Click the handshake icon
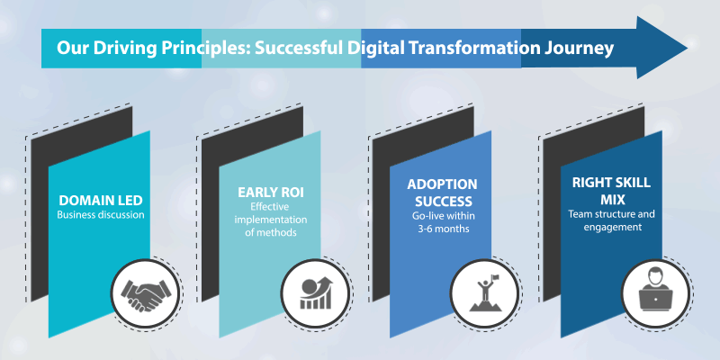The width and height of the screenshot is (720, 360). (144, 294)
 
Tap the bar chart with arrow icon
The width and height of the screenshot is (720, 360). (315, 293)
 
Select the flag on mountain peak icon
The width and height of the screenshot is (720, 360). (484, 293)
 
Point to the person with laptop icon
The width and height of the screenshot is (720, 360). (656, 291)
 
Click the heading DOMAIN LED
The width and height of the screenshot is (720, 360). (101, 201)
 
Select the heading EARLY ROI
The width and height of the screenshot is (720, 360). (271, 193)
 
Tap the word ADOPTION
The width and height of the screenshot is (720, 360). (442, 184)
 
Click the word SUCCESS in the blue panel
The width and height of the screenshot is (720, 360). (444, 202)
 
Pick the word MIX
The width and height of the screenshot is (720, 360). (611, 200)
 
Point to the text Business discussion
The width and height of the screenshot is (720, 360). (101, 215)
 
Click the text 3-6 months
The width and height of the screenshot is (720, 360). (444, 229)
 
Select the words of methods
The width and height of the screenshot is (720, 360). (271, 232)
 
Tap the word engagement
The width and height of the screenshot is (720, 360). (613, 228)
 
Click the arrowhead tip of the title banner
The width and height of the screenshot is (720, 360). (688, 48)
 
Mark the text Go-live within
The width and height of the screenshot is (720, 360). (444, 215)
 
